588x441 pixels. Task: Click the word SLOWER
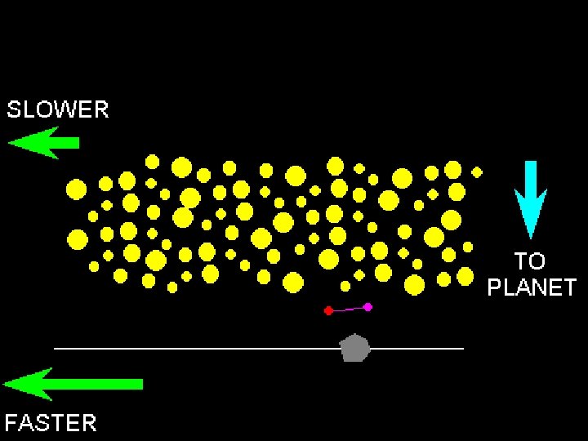57,109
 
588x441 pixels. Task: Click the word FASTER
51,422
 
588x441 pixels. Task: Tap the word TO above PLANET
529,261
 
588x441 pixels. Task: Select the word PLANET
532,287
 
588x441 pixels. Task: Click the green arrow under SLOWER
45,143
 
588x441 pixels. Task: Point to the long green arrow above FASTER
73,384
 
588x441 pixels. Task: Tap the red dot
328,310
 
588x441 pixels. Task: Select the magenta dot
367,307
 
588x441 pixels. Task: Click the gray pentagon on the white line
354,348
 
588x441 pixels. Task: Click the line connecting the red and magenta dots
348,309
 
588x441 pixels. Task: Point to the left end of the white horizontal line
56,349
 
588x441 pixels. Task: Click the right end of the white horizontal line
462,349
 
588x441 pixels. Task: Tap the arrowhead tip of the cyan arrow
531,237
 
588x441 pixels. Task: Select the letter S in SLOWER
14,109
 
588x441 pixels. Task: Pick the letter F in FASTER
11,422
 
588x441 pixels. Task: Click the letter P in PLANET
494,287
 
